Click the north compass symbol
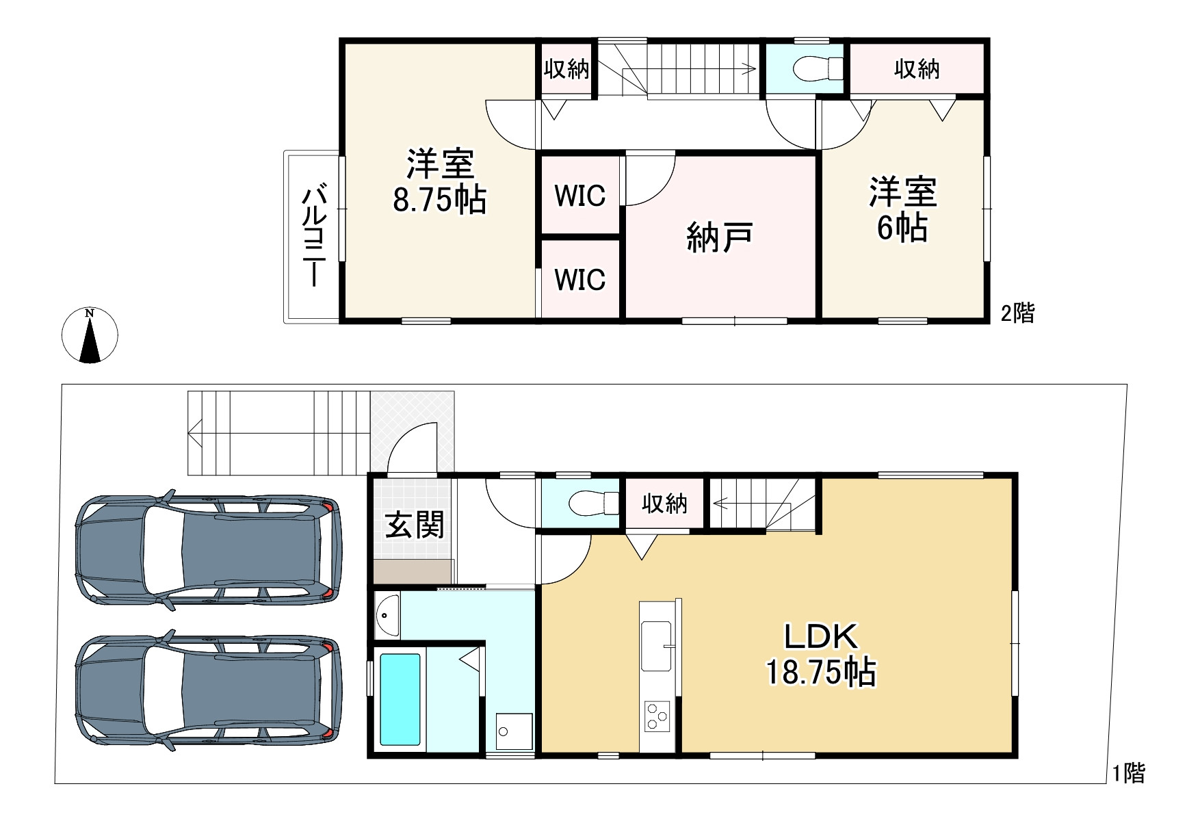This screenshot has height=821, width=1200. (90, 335)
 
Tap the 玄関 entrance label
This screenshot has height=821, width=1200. (415, 525)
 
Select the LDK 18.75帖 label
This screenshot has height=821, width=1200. (820, 654)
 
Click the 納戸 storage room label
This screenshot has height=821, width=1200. (720, 237)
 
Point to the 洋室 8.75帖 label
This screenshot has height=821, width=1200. (440, 182)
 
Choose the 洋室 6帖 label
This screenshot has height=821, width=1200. (902, 209)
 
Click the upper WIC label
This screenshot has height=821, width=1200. (580, 196)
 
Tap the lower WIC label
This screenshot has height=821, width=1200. (580, 280)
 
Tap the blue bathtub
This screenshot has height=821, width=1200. (400, 699)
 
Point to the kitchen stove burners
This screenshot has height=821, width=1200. (657, 716)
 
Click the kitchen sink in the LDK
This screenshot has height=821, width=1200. (656, 646)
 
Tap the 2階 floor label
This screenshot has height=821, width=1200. (1017, 313)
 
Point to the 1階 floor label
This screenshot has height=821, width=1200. (1127, 774)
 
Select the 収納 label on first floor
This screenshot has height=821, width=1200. (664, 504)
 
